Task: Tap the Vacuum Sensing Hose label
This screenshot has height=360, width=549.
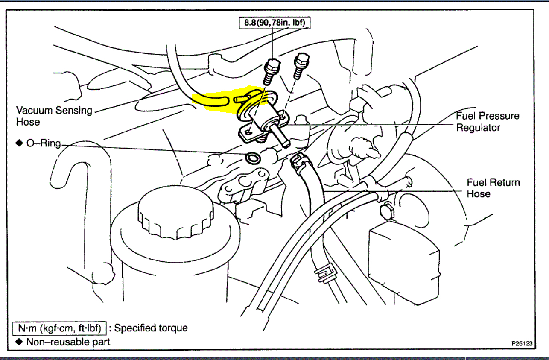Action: click(x=54, y=116)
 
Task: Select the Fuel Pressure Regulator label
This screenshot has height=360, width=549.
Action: click(x=488, y=122)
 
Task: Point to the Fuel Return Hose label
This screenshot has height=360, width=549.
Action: click(x=493, y=188)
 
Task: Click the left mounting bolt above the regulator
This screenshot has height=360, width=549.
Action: click(x=272, y=71)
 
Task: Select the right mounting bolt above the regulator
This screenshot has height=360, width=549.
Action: click(x=301, y=65)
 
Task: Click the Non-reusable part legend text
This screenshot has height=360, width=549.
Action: click(x=68, y=342)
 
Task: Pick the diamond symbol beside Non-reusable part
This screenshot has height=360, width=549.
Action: click(x=18, y=342)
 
